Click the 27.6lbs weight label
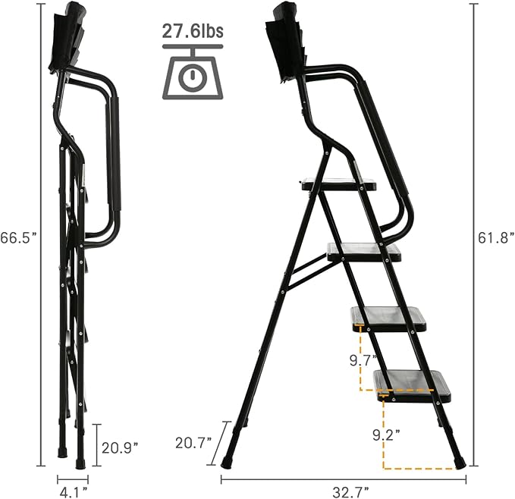(x=192, y=32)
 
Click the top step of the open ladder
(x=339, y=184)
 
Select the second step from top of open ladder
(x=363, y=252)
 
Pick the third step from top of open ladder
(x=388, y=318)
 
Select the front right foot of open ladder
(x=458, y=460)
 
